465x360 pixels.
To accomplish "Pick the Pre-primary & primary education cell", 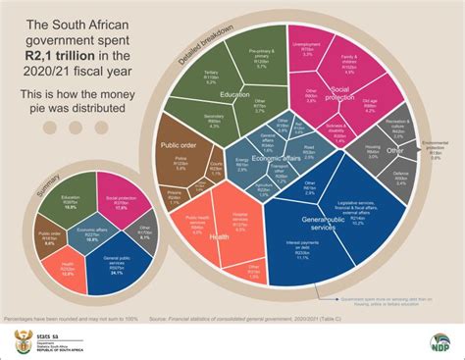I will point(261,58).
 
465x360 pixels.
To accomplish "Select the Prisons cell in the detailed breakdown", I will point(173,195).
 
